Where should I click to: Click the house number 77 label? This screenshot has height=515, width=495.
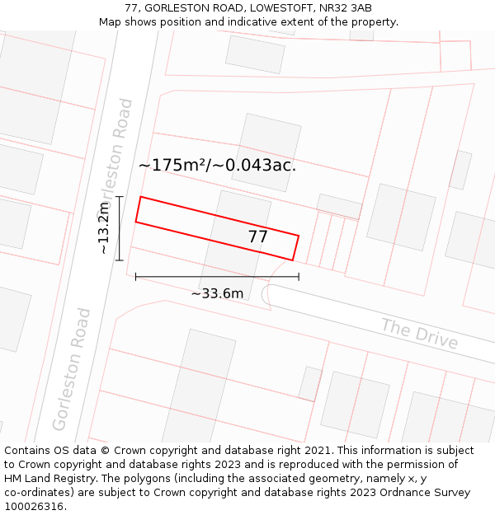coord(257,237)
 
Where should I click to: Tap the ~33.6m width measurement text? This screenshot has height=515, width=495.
coord(217,293)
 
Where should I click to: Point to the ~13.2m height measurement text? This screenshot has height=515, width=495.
coord(104,228)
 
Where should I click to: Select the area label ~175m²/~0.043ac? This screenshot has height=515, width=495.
coord(217,165)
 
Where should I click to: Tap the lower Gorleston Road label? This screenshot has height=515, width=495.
coord(72,368)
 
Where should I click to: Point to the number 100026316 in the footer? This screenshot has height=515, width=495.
coord(35,506)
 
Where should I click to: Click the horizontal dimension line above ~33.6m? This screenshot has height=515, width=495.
coord(217,277)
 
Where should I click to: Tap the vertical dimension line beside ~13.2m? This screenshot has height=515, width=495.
coord(120,228)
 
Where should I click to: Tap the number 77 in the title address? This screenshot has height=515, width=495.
coord(131,8)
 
